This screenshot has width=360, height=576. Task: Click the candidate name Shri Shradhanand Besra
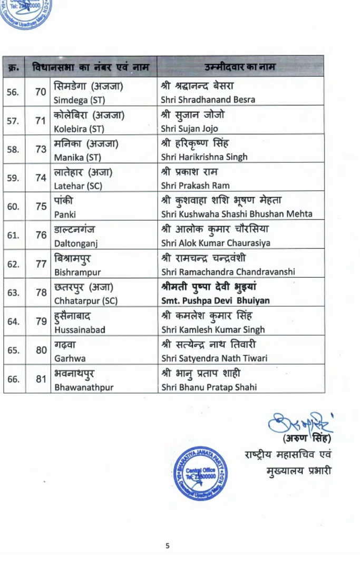click(208, 100)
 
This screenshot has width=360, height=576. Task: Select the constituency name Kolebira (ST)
click(79, 129)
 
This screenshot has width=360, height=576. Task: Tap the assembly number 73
click(41, 149)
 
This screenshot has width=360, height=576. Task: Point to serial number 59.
click(13, 178)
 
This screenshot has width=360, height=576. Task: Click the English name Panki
click(65, 214)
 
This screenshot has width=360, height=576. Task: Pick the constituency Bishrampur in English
click(77, 272)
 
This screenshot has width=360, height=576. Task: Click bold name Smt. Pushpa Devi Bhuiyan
click(215, 301)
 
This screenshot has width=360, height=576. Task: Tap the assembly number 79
click(41, 321)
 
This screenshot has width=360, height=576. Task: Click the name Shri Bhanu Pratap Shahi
click(209, 387)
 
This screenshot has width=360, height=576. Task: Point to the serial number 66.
click(13, 379)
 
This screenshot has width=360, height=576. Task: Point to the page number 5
click(167, 546)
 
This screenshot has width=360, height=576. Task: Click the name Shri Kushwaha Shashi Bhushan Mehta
click(237, 214)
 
